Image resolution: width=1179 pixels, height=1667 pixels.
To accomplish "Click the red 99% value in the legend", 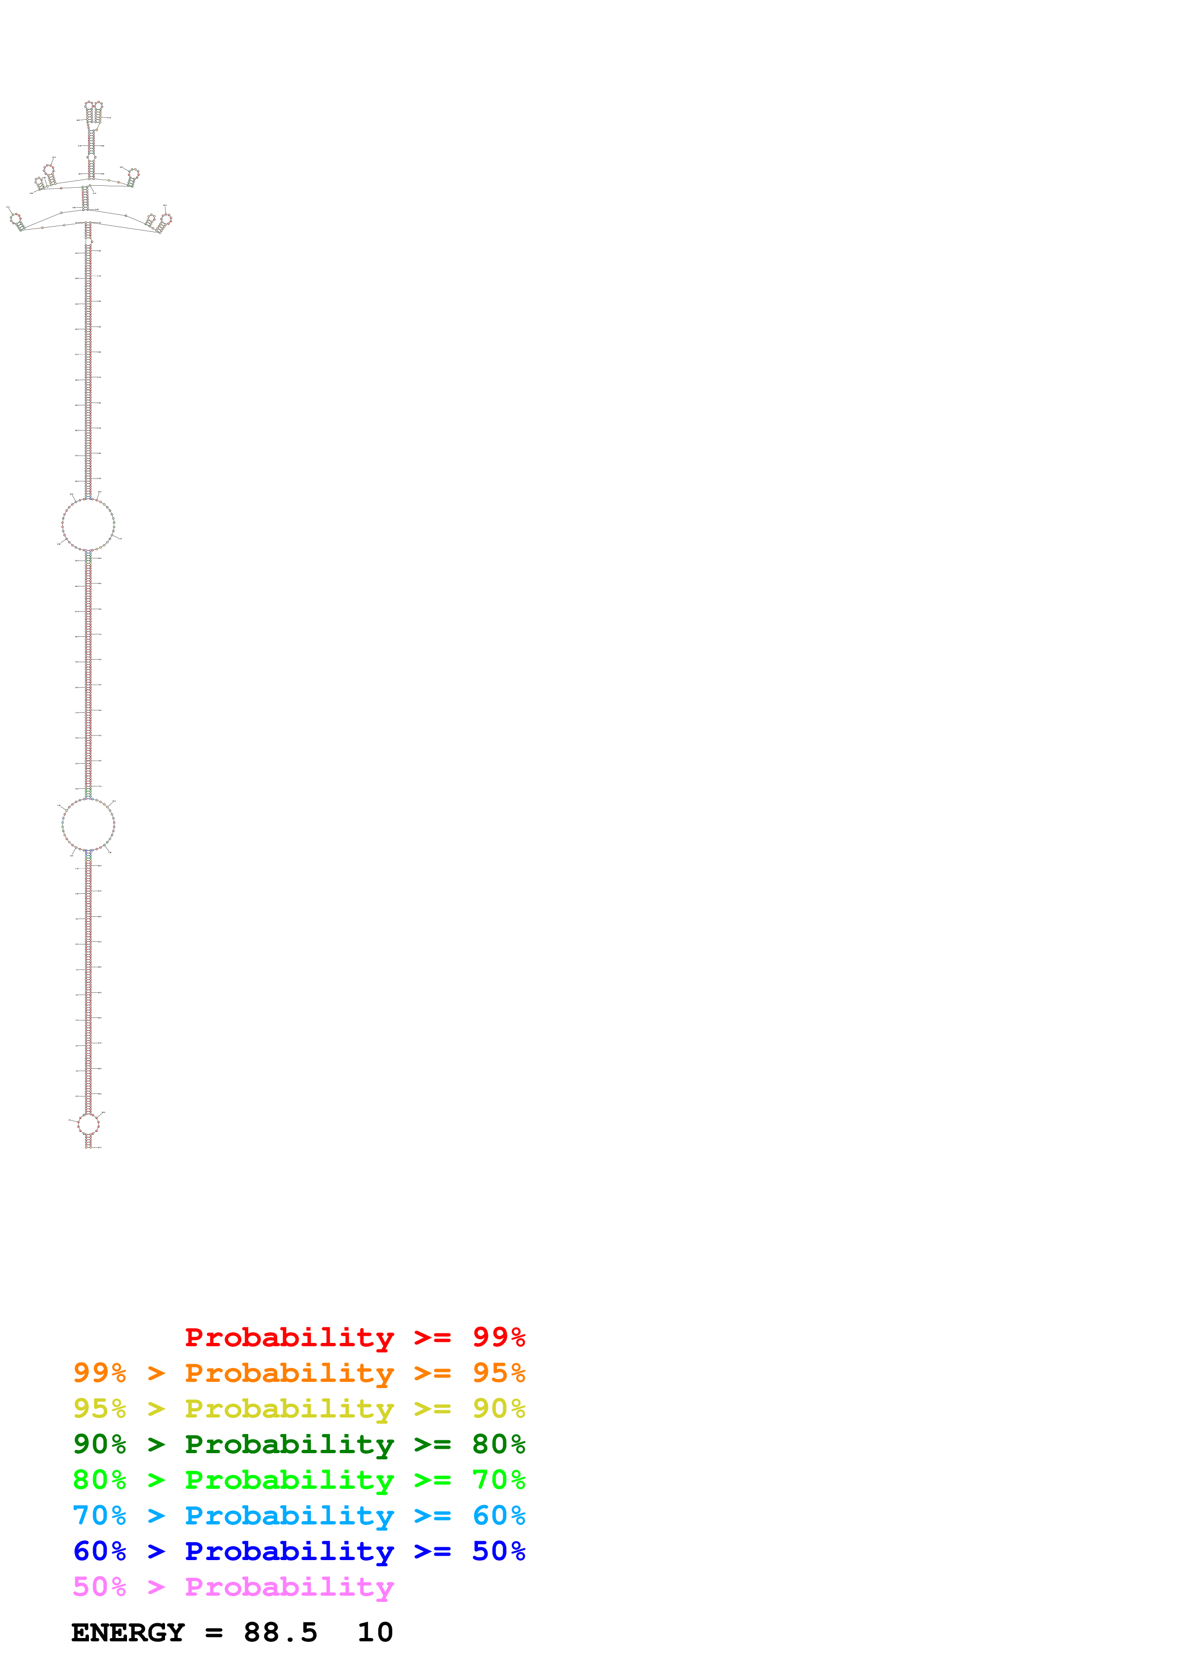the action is click(x=498, y=1337).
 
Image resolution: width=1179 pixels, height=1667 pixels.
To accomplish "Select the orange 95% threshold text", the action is click(x=498, y=1372).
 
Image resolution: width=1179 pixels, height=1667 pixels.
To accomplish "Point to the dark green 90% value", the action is click(x=99, y=1444).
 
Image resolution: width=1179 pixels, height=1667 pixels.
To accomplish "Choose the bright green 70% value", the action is click(x=498, y=1480).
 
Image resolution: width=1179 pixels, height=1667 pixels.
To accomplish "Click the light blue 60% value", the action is click(x=498, y=1515).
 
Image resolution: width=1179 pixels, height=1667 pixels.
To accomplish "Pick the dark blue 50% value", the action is click(x=498, y=1551).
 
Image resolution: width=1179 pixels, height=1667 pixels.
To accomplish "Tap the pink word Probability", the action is click(x=289, y=1587).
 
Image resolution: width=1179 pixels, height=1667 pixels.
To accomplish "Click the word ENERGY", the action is click(x=128, y=1632).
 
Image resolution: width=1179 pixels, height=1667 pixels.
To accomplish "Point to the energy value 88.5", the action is click(x=281, y=1632).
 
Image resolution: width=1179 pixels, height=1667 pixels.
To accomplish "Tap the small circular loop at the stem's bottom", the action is click(x=88, y=1124).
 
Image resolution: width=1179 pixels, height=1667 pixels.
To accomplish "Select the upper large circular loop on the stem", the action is click(x=88, y=524).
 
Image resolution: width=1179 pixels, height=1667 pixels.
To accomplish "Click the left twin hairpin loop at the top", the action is click(x=88, y=105).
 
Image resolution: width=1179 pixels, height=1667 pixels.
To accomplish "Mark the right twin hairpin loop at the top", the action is click(x=99, y=105).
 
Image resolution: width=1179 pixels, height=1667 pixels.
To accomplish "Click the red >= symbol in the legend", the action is click(x=432, y=1337).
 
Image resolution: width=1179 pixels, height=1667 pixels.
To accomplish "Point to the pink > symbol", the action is click(x=156, y=1587).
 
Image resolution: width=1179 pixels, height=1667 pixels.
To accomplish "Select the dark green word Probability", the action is click(x=289, y=1444).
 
